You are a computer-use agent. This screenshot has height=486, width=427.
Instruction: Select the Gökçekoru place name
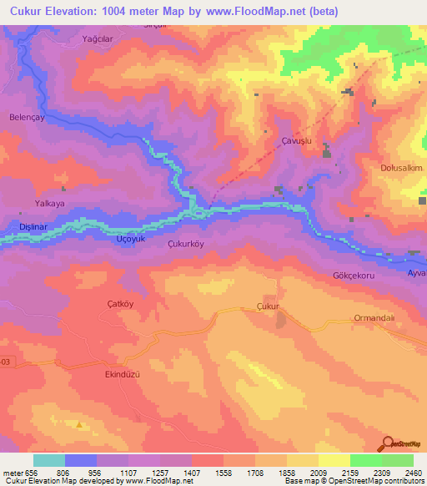(x=356, y=274)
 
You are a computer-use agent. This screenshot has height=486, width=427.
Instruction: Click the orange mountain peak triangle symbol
(x=79, y=424)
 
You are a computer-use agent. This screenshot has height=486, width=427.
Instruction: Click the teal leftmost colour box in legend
(x=48, y=460)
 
